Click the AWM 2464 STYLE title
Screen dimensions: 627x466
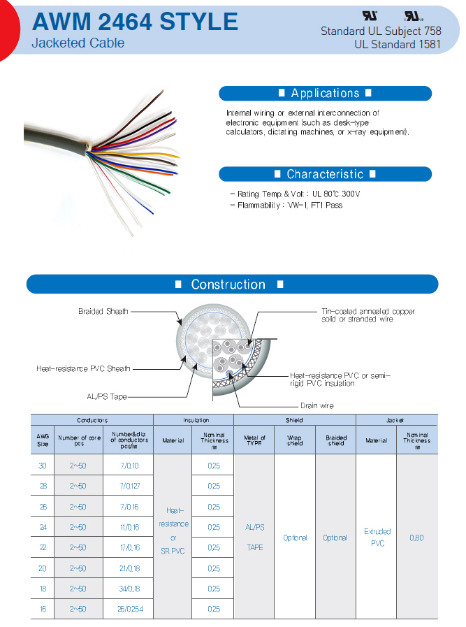pos(135,22)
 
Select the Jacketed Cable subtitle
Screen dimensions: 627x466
pos(78,43)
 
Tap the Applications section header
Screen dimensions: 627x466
pos(325,94)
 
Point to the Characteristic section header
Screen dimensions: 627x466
pos(325,174)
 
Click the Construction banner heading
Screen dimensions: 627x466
pos(228,284)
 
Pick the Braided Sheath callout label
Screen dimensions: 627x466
pos(103,311)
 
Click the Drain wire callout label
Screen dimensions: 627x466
pos(317,405)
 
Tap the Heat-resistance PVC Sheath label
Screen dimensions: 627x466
pos(83,368)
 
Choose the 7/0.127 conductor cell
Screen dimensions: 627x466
pos(129,486)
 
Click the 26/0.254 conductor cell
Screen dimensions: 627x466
pos(129,609)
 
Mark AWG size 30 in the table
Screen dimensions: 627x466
pos(43,466)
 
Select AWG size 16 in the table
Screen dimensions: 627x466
pos(43,609)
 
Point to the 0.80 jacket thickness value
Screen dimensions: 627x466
pos(417,538)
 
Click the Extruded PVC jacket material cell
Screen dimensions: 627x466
pos(377,537)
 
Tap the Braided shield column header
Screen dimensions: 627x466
pos(335,440)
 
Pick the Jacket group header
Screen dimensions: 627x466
pos(396,420)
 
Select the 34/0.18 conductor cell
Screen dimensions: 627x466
pos(129,589)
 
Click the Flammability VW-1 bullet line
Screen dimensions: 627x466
pos(285,206)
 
